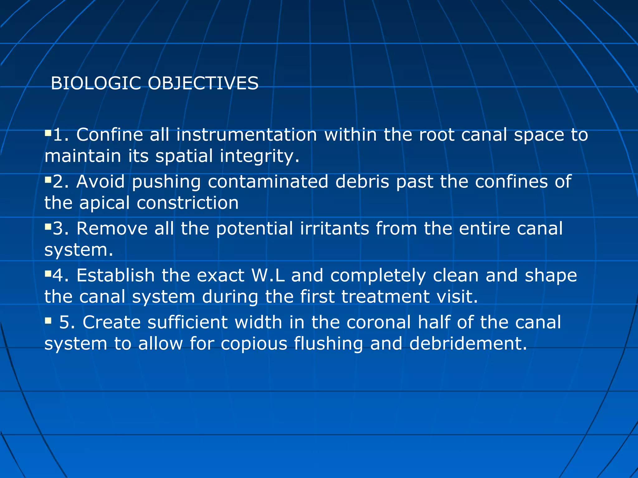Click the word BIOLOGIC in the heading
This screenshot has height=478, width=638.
coord(96,83)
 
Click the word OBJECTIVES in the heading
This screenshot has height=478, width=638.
coord(203,83)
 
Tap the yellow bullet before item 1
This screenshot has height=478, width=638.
coord(48,133)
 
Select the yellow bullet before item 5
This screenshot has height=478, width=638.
coord(48,321)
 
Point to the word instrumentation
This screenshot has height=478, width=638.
coord(246,135)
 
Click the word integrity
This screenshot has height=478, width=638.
coord(259,156)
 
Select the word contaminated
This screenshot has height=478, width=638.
coord(268,181)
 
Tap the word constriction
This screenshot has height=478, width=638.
coord(188,203)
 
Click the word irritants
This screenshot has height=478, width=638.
coord(335,228)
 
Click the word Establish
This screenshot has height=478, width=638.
coord(116,275)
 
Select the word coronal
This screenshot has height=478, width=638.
coord(379,322)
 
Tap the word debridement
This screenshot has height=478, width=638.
coord(468,344)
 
